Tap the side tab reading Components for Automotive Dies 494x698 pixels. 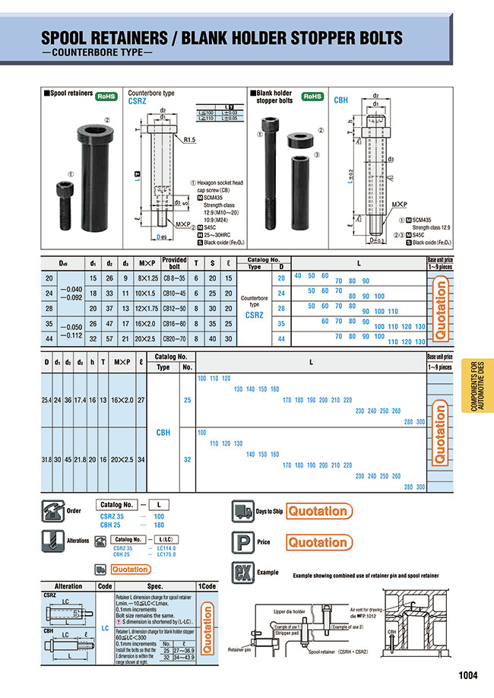click(476, 385)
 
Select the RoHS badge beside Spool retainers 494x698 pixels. click(104, 97)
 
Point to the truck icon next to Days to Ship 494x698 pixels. click(242, 511)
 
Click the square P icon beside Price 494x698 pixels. click(242, 541)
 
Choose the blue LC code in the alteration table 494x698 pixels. click(104, 628)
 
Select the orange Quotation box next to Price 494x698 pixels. click(318, 542)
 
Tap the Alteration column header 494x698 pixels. click(68, 586)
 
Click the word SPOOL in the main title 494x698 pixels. click(70, 38)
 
